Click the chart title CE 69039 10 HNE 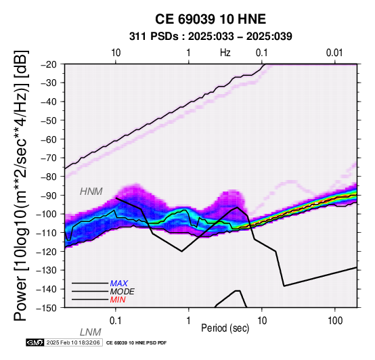point(211,19)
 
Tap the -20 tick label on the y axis point(49,64)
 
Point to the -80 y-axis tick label point(49,177)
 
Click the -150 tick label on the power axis point(47,308)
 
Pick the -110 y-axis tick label point(47,233)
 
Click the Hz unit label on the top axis point(225,53)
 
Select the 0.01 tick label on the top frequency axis point(334,53)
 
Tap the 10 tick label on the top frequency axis point(116,53)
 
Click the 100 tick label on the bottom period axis point(335,321)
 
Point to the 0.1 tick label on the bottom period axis point(115,321)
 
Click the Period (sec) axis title point(225,328)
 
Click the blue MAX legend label point(119,284)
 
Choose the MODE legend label point(123,292)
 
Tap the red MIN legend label point(118,300)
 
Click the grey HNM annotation point(91,192)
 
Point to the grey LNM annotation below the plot point(91,332)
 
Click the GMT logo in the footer point(35,342)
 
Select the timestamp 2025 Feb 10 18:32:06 point(73,342)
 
